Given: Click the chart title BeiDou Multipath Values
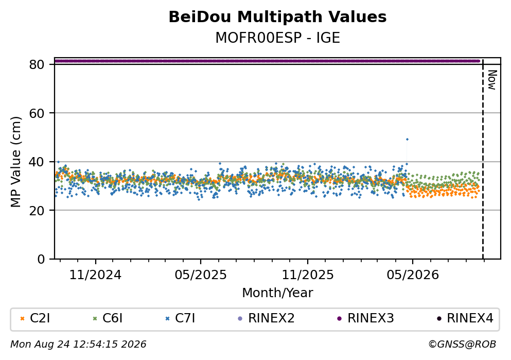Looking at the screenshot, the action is click(x=277, y=17).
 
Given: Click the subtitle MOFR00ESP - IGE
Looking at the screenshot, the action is click(x=277, y=38).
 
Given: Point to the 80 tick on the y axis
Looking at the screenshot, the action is click(x=37, y=64).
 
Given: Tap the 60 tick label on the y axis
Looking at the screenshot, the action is click(x=37, y=113).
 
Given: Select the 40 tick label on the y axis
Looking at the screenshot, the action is click(x=37, y=162).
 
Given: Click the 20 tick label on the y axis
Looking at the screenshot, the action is click(x=37, y=210).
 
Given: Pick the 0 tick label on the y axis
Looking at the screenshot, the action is click(x=41, y=259).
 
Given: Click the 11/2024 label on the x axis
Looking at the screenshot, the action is click(x=95, y=275).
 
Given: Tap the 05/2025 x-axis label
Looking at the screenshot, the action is click(x=200, y=275).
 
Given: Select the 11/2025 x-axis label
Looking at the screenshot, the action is click(x=308, y=275).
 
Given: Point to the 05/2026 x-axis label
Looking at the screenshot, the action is click(x=413, y=275).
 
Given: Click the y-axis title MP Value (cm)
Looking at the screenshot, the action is click(x=15, y=162).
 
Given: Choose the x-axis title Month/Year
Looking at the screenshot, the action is click(x=277, y=293).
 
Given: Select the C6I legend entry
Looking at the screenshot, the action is click(x=108, y=318).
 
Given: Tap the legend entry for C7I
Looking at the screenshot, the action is click(x=181, y=318).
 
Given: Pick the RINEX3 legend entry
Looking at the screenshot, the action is click(x=365, y=318).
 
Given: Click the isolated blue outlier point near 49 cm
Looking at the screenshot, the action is click(x=407, y=139).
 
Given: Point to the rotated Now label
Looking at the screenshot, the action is click(x=492, y=80).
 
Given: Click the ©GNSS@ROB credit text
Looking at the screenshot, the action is click(x=462, y=345).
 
